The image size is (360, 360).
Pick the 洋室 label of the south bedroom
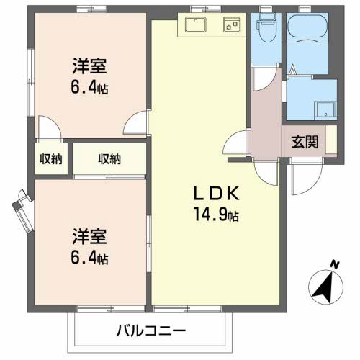(89, 236)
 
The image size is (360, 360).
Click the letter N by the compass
(334, 264)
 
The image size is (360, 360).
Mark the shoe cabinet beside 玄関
(330, 139)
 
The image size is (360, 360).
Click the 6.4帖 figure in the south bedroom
(89, 258)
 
